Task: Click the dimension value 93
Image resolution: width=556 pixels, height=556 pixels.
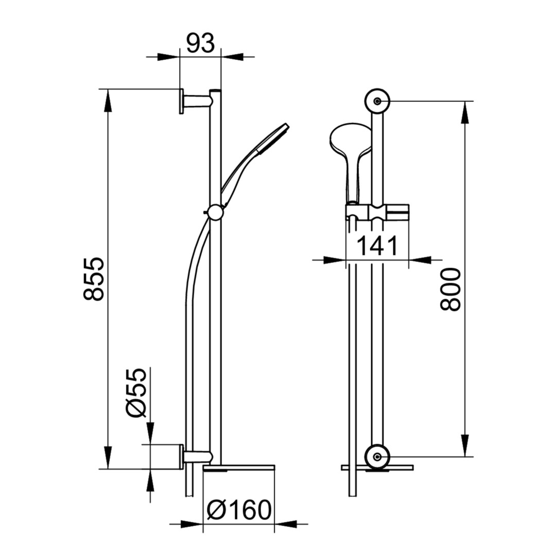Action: coord(200,44)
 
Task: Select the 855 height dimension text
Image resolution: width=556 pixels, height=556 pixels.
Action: coord(94,279)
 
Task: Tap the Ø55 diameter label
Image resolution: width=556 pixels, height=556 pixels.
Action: coord(136,392)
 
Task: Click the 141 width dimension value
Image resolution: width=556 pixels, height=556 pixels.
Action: coord(377,246)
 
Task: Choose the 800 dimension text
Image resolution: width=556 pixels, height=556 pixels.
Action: coord(450,290)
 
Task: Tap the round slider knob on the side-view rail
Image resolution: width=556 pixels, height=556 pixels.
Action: coord(215,213)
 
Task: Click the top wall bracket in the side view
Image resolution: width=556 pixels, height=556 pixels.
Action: coord(195,101)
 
